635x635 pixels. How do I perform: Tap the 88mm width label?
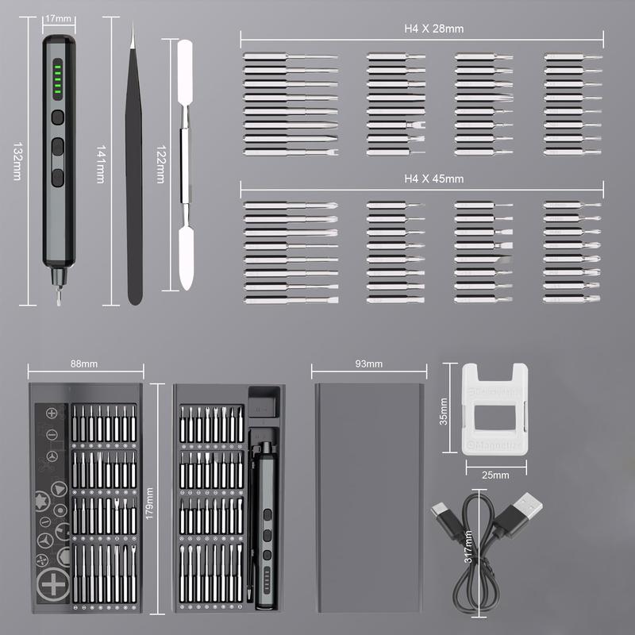tap(84, 364)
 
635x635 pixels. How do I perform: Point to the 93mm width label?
tap(369, 364)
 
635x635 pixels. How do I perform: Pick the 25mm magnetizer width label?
tap(495, 475)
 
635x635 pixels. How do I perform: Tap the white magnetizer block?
tap(495, 409)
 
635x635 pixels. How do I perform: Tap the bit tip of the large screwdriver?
tap(56, 296)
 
